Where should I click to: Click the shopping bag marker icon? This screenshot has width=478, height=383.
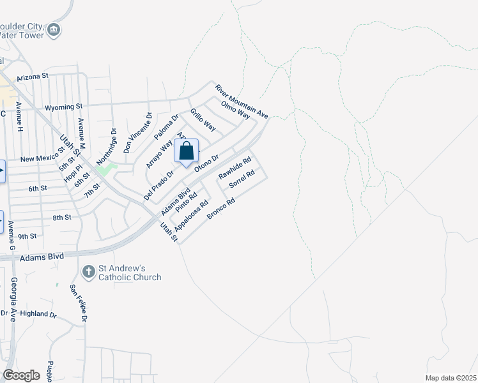[x=186, y=152]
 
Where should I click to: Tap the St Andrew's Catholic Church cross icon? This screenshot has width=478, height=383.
[x=89, y=271]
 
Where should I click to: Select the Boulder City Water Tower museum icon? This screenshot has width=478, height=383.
[x=54, y=29]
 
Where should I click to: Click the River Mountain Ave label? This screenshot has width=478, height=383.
[x=241, y=101]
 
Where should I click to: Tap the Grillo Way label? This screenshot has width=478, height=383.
[x=203, y=119]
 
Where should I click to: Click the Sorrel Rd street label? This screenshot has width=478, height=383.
[x=242, y=178]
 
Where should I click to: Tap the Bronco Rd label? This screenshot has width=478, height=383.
[x=222, y=209]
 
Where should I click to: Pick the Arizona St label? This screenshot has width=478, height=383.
[x=33, y=76]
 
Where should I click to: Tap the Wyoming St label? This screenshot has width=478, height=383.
[x=64, y=107]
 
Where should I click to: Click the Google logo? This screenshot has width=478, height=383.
[x=21, y=375]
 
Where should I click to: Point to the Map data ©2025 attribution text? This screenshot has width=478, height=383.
[x=450, y=378]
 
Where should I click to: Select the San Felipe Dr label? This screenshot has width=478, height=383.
[x=78, y=303]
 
